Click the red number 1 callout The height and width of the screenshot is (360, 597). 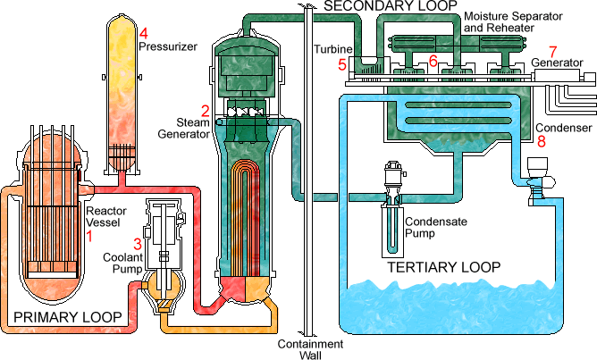pyautogui.click(x=88, y=236)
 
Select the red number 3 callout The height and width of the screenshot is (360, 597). pyautogui.click(x=138, y=243)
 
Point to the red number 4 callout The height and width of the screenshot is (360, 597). pyautogui.click(x=143, y=33)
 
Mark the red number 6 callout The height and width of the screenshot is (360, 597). pyautogui.click(x=433, y=61)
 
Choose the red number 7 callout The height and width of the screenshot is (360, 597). pyautogui.click(x=551, y=51)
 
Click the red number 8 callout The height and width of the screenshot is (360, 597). pyautogui.click(x=542, y=141)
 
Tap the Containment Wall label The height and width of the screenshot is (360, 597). pyautogui.click(x=310, y=349)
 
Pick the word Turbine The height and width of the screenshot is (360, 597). pyautogui.click(x=333, y=49)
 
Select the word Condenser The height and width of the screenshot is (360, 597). pyautogui.click(x=563, y=128)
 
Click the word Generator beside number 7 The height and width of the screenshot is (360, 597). pyautogui.click(x=558, y=63)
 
